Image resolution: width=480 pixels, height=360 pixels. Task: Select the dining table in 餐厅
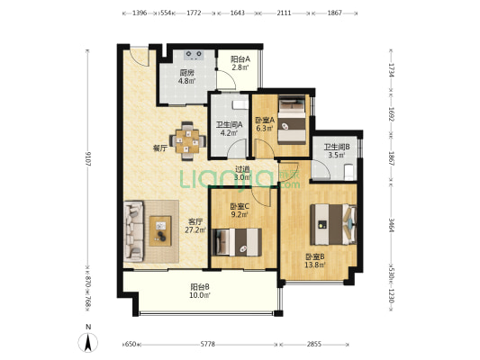187,141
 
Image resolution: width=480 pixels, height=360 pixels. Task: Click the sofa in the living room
133,231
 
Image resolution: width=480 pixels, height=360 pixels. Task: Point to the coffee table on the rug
160,231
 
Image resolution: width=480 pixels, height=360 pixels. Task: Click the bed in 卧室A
292,120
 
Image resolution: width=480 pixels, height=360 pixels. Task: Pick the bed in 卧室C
237,242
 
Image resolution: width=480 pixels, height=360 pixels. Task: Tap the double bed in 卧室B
333,224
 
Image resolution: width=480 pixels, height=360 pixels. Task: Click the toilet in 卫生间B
349,172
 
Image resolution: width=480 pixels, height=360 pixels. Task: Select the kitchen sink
194,55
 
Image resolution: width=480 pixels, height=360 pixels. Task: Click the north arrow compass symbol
88,342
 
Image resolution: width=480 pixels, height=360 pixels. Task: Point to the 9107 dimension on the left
88,158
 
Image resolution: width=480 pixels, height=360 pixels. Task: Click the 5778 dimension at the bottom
207,345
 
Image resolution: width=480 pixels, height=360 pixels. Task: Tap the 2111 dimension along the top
284,13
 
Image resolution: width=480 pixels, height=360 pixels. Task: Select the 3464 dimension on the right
391,225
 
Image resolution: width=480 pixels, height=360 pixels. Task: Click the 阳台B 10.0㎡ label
200,291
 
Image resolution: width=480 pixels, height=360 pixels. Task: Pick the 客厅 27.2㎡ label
195,225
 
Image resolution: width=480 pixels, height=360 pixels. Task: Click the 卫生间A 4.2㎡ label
230,129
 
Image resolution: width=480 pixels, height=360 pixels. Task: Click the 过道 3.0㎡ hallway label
242,173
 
